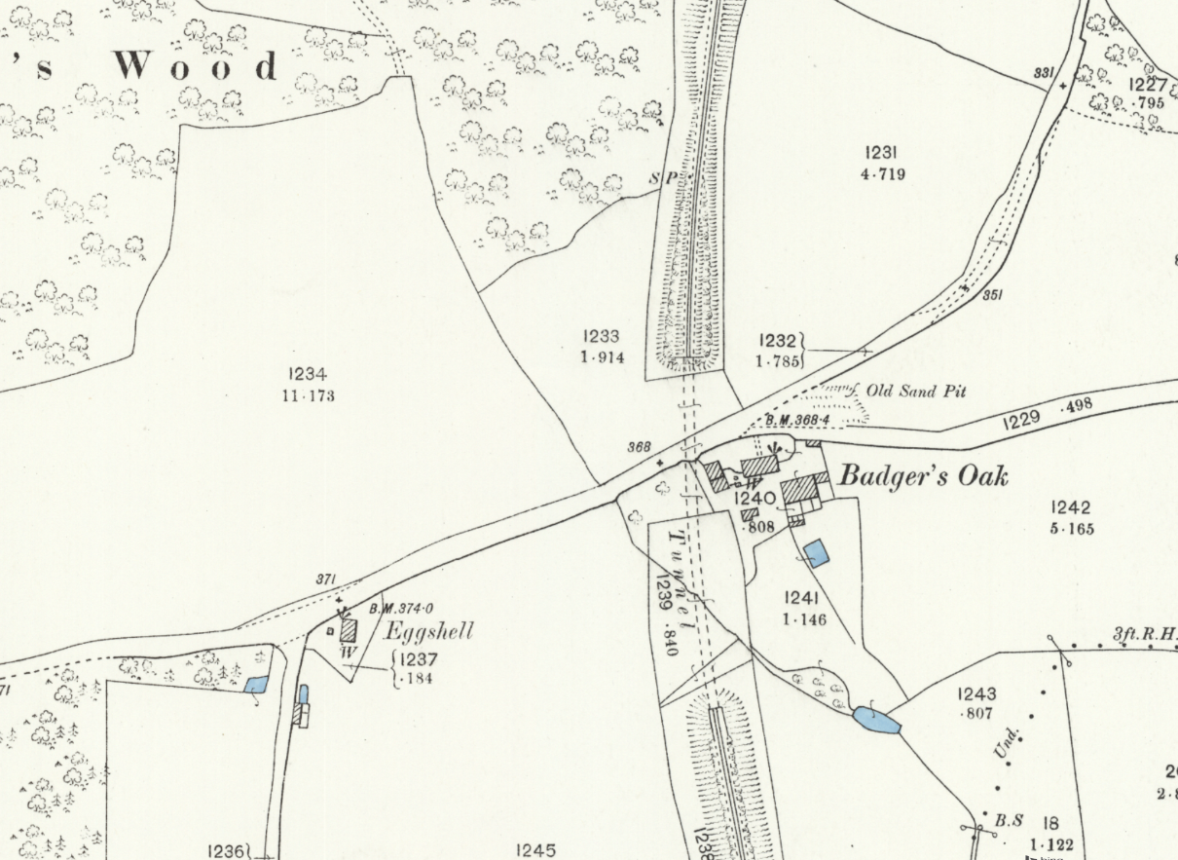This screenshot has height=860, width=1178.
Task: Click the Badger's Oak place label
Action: (923, 476)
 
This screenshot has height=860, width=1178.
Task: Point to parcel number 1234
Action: (308, 374)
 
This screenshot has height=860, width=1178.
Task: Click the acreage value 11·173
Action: (308, 395)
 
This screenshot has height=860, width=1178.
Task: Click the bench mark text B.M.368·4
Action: (796, 420)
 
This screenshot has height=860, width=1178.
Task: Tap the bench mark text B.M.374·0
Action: (401, 610)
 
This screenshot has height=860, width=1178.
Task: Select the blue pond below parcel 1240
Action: (816, 554)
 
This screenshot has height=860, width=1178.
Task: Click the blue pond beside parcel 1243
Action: (876, 721)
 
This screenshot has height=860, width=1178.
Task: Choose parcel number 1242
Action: (1071, 507)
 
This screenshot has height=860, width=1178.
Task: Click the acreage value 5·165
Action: (1071, 529)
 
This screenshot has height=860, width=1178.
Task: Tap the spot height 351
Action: (992, 295)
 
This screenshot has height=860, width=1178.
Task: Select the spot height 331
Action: (1045, 73)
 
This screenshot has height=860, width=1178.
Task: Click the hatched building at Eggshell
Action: (348, 629)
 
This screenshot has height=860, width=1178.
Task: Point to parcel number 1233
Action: (602, 336)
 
